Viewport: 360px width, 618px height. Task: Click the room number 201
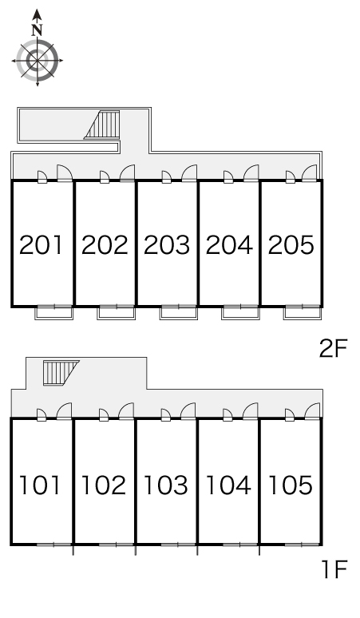[41, 245]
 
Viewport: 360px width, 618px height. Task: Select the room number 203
[167, 245]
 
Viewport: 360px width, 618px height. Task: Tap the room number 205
[291, 245]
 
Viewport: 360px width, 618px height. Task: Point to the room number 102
[103, 485]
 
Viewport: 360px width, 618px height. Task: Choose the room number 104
[228, 485]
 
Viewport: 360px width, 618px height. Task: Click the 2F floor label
[333, 348]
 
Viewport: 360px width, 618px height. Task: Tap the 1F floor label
[334, 569]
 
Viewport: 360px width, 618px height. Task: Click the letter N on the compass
[38, 30]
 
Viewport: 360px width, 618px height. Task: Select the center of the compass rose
[38, 61]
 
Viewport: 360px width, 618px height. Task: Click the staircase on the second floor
[102, 124]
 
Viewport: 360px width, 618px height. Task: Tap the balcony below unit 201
[54, 312]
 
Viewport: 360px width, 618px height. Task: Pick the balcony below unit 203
[179, 312]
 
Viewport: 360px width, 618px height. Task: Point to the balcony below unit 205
[303, 312]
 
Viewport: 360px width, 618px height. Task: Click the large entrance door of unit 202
[127, 173]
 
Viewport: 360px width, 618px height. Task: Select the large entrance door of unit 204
[251, 173]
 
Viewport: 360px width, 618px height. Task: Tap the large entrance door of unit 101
[64, 411]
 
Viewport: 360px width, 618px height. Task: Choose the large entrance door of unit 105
[312, 411]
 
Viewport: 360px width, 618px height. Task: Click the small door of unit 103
[166, 414]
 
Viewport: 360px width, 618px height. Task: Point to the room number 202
[105, 245]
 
